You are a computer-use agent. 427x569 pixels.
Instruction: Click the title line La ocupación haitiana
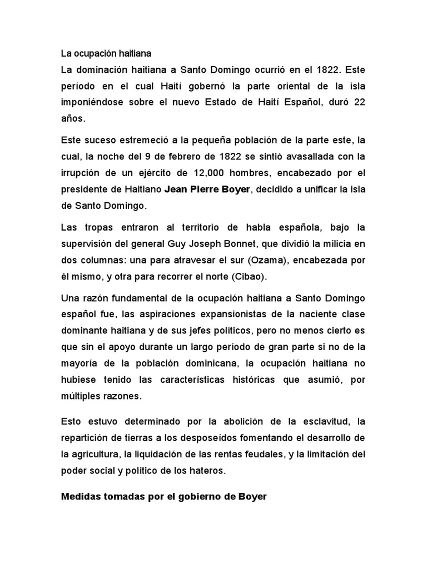[x=105, y=54]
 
